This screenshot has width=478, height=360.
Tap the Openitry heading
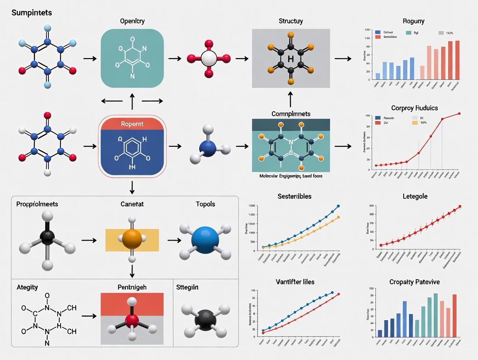(132, 21)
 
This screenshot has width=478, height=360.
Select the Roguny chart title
(413, 21)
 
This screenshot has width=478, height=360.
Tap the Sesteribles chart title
(294, 196)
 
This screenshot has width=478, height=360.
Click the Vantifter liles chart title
(294, 282)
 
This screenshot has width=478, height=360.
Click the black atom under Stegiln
(205, 321)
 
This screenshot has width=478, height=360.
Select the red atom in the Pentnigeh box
(132, 321)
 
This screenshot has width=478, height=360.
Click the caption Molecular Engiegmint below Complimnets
(291, 177)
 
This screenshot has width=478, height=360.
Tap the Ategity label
(27, 287)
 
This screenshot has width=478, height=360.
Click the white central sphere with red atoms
(209, 58)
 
